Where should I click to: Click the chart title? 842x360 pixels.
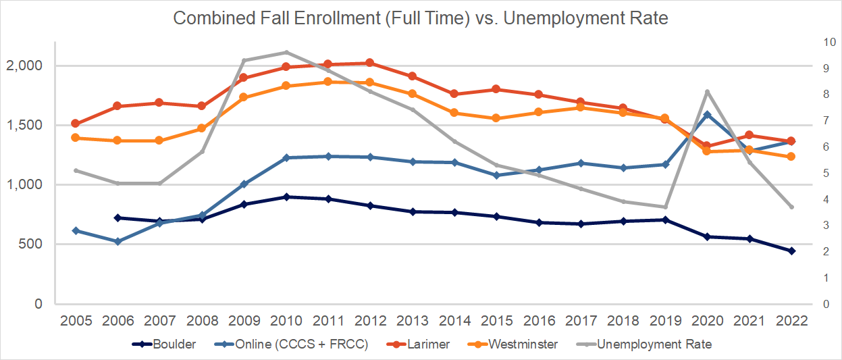tap(421, 18)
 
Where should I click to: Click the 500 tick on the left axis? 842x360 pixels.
tap(32, 245)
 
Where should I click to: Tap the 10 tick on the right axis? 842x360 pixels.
tap(824, 42)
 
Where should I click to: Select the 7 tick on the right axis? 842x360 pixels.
tap(821, 120)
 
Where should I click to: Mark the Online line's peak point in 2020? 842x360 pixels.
tap(707, 115)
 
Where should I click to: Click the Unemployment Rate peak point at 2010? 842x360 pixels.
tap(286, 52)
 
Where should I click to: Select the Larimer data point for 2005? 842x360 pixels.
tap(76, 124)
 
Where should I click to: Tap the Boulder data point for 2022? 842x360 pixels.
tap(791, 251)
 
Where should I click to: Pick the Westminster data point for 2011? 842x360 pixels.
tap(328, 82)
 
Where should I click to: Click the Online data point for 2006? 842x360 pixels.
tap(117, 241)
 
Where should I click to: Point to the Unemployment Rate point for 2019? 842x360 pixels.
tap(665, 207)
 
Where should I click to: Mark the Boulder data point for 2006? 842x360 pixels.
tap(117, 217)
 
